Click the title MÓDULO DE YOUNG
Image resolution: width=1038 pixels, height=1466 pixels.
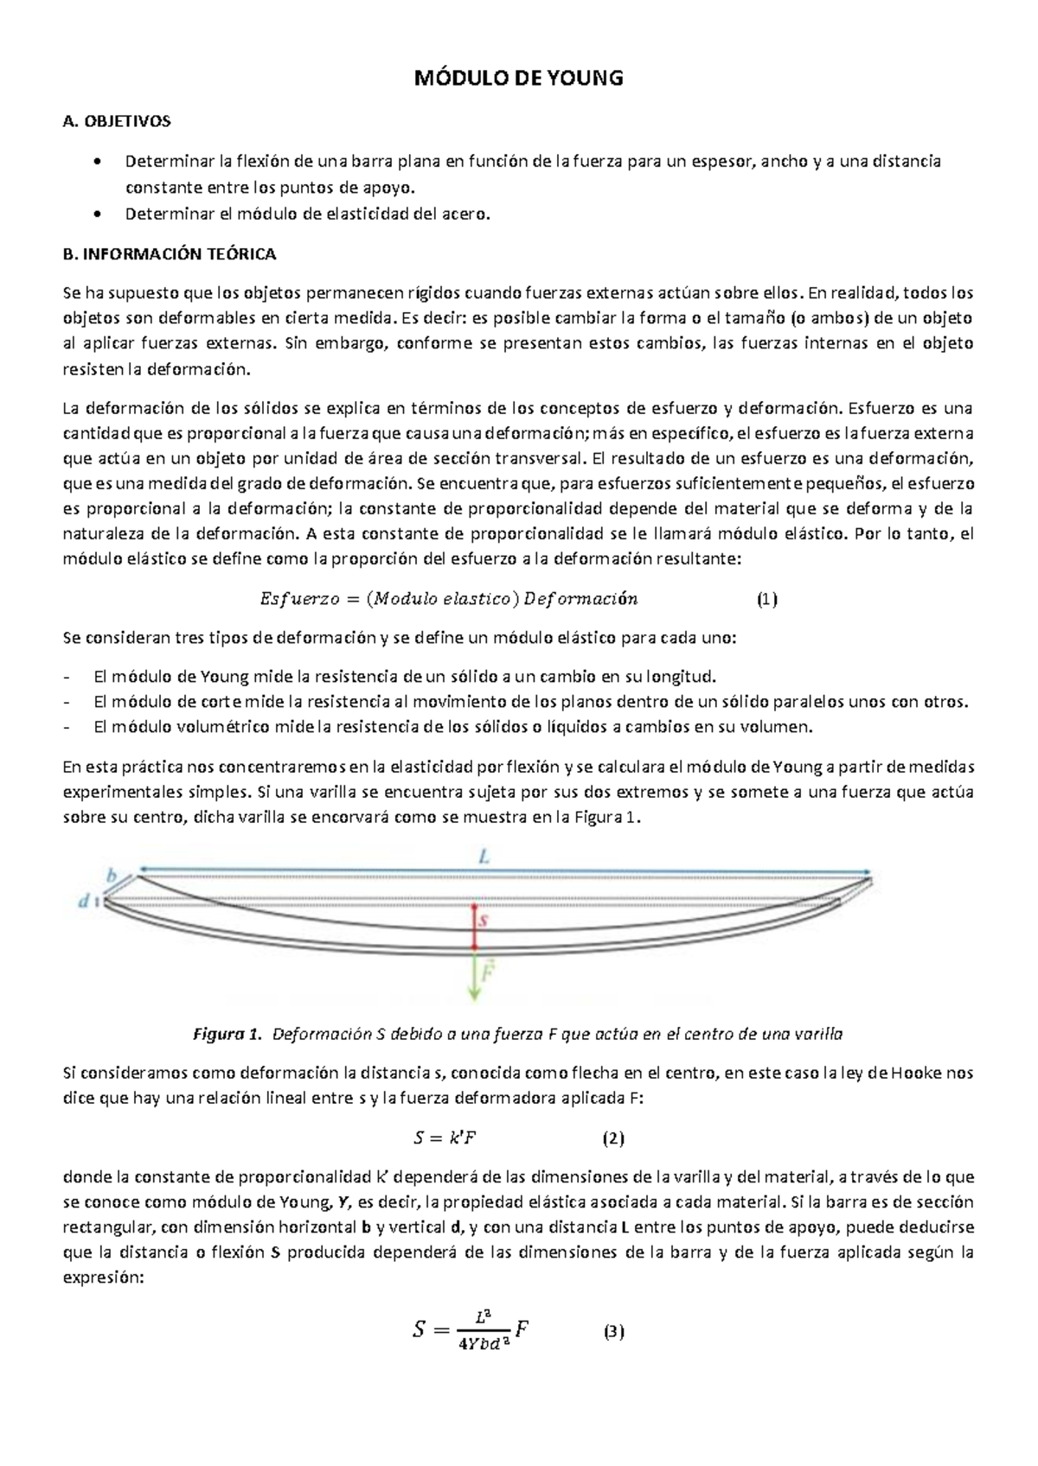[519, 79]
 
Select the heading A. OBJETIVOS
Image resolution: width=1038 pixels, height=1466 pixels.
[117, 121]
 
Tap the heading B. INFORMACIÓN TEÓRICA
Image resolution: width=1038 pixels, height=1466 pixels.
[170, 254]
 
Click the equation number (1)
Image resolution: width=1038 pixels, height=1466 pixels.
[766, 599]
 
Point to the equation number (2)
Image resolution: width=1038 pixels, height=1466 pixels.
[613, 1138]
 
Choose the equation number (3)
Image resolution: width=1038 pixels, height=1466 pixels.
[613, 1332]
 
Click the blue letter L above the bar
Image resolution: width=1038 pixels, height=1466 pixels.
[485, 857]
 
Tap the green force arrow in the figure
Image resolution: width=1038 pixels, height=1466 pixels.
[474, 977]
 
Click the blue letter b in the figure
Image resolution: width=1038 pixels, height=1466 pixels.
[111, 876]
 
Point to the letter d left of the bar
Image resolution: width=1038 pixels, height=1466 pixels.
[84, 902]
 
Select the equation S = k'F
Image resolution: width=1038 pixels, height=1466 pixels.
[445, 1138]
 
